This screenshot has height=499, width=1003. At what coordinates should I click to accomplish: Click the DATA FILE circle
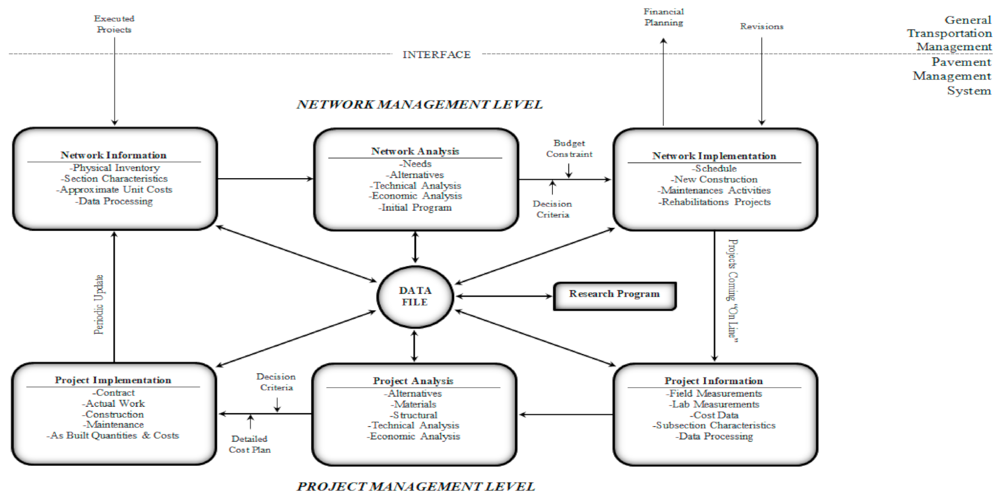pos(415,297)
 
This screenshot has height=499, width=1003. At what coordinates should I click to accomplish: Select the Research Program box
pos(614,296)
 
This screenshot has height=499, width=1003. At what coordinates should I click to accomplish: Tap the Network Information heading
pos(113,155)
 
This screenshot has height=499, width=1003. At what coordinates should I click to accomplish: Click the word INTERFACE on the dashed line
pos(436,55)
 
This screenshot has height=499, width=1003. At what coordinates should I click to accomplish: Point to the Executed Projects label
pos(114,24)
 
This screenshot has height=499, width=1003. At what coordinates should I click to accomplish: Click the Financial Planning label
pos(663,17)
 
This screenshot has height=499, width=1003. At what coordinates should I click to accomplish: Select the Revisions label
pos(761,27)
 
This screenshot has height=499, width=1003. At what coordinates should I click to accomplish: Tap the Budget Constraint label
pos(569,148)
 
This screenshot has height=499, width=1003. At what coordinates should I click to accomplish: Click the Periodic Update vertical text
pos(99,304)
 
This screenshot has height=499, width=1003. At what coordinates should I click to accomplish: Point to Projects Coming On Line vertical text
pos(733,290)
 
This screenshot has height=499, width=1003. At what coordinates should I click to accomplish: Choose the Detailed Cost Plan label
pos(249,444)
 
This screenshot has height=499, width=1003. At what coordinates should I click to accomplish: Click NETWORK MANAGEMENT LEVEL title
pos(419,105)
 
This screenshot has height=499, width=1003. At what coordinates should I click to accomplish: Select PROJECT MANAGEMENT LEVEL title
pos(415,487)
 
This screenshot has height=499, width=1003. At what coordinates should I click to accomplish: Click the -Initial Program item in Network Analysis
pos(415,208)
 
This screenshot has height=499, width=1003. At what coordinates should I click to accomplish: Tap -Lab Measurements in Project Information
pos(714,404)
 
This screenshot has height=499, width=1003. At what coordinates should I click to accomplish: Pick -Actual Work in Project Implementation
pos(113,403)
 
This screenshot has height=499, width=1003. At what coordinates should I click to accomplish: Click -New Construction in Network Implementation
pos(714,180)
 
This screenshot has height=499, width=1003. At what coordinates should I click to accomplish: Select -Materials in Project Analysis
pos(413,404)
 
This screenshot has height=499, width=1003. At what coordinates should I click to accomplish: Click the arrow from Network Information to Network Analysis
pos(265,179)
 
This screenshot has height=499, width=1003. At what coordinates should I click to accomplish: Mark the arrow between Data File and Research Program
pos(504,296)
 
